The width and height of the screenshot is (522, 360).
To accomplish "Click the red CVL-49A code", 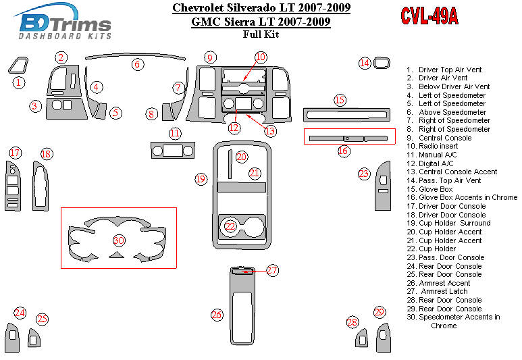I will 429,17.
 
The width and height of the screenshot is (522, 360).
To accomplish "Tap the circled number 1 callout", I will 19,82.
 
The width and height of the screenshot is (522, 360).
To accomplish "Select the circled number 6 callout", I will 138,65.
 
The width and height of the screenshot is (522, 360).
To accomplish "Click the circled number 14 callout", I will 365,63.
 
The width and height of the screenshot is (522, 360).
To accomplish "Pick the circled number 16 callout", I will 344,151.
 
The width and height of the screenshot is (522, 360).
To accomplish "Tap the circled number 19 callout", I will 201,179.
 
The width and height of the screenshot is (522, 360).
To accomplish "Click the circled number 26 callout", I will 217,315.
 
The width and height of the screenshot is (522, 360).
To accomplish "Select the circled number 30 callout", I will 119,240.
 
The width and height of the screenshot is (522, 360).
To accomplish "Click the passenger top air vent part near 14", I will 382,63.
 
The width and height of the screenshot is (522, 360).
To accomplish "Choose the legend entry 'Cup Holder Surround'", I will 454,223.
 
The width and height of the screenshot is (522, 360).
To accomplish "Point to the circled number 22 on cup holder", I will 231,226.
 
